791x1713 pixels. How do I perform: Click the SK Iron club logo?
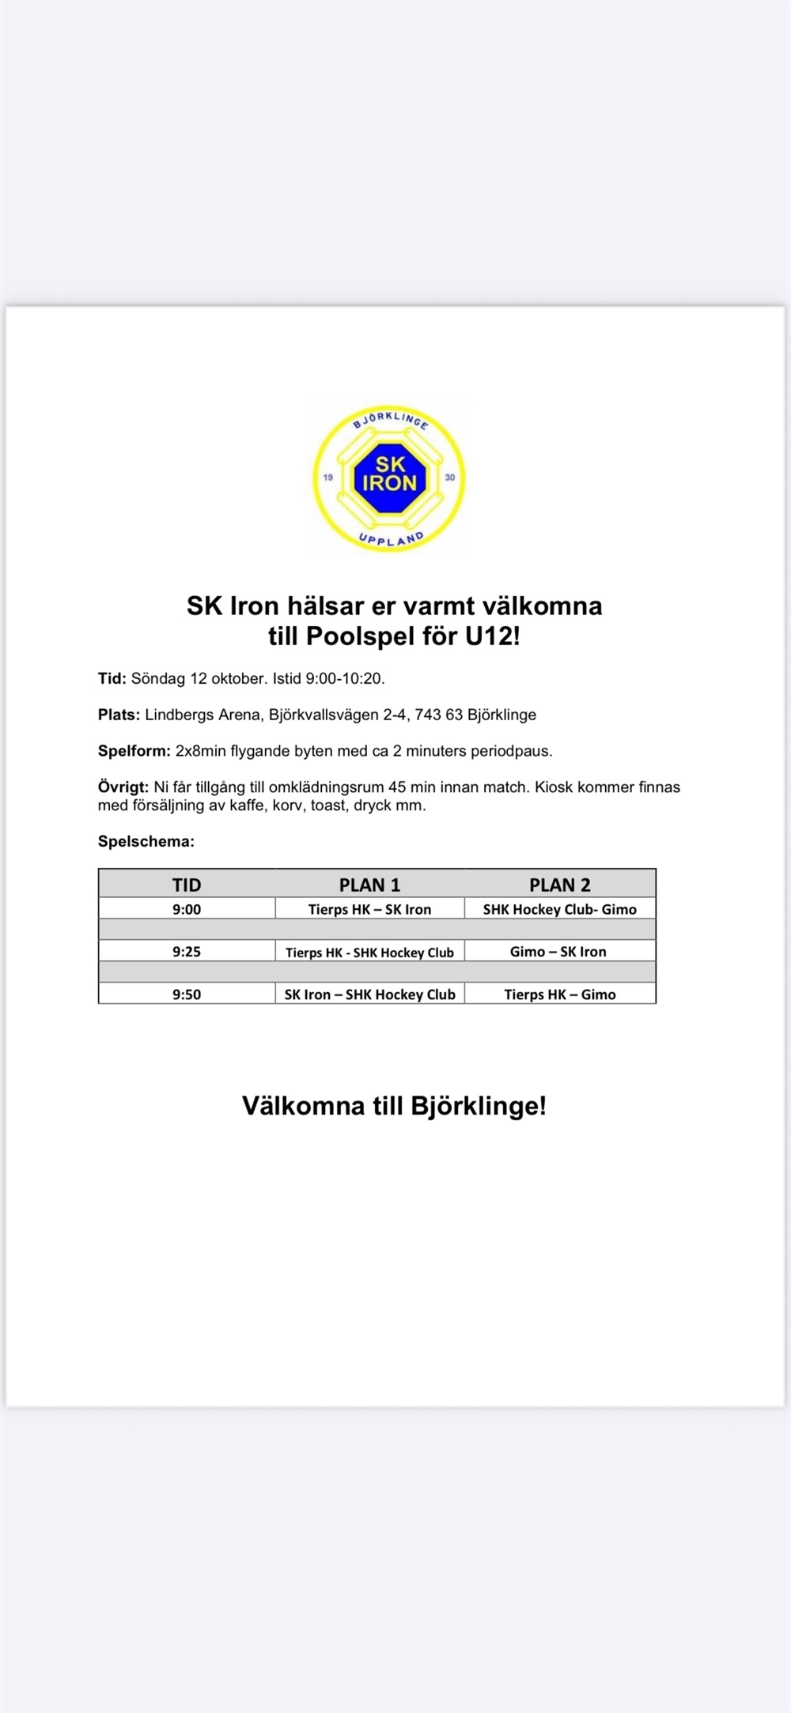389,477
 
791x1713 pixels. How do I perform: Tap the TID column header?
187,885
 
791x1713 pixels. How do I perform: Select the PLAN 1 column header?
369,885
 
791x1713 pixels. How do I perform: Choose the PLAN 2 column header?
560,885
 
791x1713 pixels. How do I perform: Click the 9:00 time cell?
187,909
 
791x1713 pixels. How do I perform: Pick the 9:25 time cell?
187,952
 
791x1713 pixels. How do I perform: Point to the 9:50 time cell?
187,994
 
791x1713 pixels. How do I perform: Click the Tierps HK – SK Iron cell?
369,909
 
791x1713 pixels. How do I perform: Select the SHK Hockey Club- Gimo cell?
560,909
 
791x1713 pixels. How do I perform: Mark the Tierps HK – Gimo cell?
560,994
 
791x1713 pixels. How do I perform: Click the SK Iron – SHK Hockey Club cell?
369,994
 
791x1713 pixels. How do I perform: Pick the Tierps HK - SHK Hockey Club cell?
369,953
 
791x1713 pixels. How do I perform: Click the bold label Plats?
119,715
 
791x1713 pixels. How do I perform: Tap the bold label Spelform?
134,751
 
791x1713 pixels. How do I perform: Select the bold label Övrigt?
123,787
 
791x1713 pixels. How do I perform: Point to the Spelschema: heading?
146,842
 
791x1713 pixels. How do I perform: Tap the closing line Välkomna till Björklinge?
394,1105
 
